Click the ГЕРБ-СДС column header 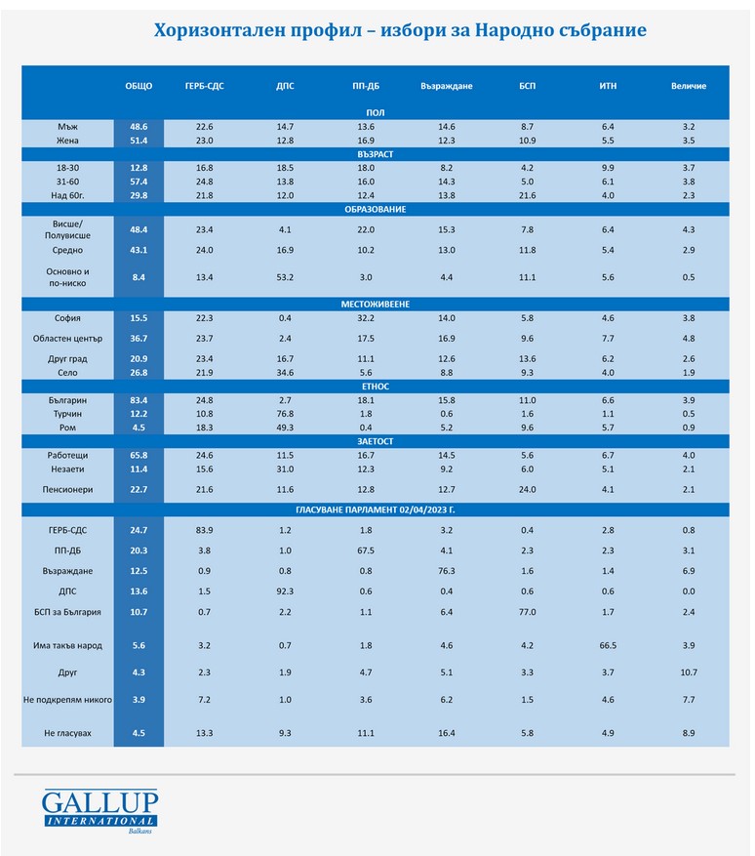(204, 86)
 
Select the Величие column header (689, 86)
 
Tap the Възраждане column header (446, 86)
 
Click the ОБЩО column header (139, 86)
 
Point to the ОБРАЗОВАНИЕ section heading (375, 209)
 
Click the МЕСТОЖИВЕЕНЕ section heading (375, 304)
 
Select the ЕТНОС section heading (375, 387)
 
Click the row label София (67, 318)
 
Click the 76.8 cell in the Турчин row (285, 414)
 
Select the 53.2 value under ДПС (285, 277)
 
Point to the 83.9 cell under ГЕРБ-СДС (204, 528)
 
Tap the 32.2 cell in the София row (366, 318)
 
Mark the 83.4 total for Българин (139, 400)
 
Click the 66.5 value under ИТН (607, 645)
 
